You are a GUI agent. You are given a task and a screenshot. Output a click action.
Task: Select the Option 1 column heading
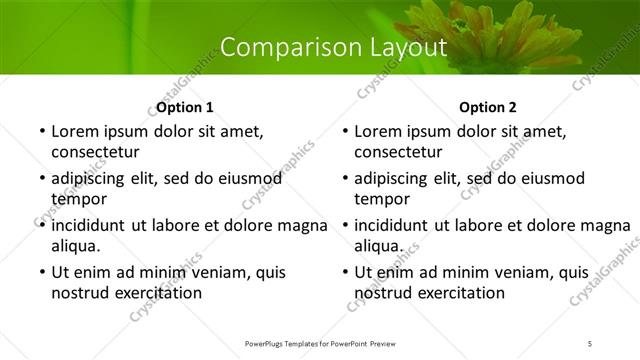pos(185,107)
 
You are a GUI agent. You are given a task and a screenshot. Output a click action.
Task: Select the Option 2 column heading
pos(488,107)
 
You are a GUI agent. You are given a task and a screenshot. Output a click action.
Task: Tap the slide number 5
pos(590,343)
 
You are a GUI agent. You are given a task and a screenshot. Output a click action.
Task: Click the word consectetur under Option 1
pos(95,152)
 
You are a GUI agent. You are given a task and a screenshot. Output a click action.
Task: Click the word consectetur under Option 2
pos(398,152)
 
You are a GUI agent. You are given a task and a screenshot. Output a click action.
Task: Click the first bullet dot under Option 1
pos(41,132)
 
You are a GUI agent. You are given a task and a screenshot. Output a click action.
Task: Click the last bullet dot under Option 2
pos(344,273)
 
